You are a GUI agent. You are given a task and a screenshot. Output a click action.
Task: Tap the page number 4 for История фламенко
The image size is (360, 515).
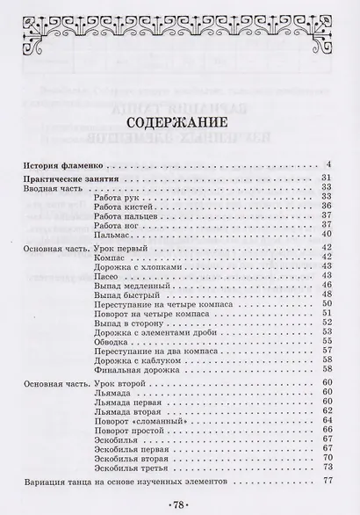326,163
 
